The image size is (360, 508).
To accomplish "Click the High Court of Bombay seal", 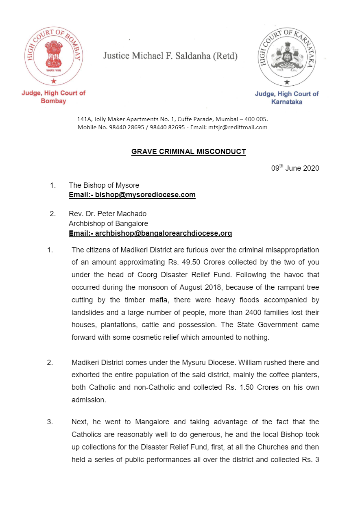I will pyautogui.click(x=53, y=56).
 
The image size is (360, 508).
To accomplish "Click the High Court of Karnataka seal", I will pyautogui.click(x=287, y=56).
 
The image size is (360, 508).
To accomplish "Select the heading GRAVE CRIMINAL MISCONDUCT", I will pyautogui.click(x=188, y=152).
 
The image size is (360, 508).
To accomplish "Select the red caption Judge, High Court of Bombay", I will pyautogui.click(x=53, y=97).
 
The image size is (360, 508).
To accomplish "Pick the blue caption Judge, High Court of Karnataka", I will pyautogui.click(x=287, y=98).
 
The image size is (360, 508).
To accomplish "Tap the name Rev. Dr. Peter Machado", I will pyautogui.click(x=107, y=214).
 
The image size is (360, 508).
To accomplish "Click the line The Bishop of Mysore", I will pyautogui.click(x=104, y=185).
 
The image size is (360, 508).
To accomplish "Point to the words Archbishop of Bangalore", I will pyautogui.click(x=108, y=224).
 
